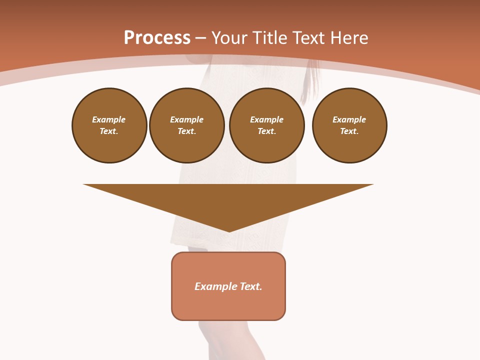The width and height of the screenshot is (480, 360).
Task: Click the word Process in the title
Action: pos(157,38)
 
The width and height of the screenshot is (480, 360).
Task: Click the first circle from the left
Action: pos(109,125)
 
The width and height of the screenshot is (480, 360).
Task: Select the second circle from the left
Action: pos(187,125)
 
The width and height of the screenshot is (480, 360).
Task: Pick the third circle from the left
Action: pos(267,125)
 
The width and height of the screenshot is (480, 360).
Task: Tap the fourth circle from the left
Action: pos(349,125)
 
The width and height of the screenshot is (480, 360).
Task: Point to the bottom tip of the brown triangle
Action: pos(228,231)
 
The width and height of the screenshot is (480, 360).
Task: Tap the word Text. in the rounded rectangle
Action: pos(251,286)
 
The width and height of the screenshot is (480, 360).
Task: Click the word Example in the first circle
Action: pos(109,119)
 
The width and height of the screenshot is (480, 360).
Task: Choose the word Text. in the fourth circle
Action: pos(349,131)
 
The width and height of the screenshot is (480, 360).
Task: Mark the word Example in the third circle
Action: pos(267,119)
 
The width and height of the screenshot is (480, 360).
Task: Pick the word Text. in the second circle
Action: pos(187,131)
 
